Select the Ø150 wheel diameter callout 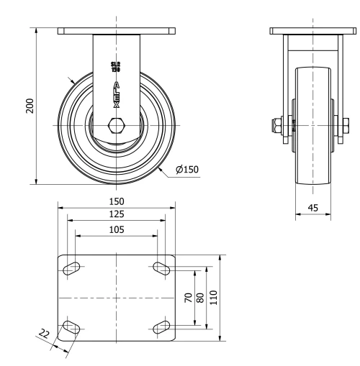coord(186,170)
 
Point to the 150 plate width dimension coord(117,201)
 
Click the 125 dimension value coord(117,214)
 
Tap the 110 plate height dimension coord(214,298)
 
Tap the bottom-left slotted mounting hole coord(72,328)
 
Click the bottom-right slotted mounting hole coord(161,328)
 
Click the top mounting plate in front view coord(117,32)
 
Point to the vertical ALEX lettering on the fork coord(116,93)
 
